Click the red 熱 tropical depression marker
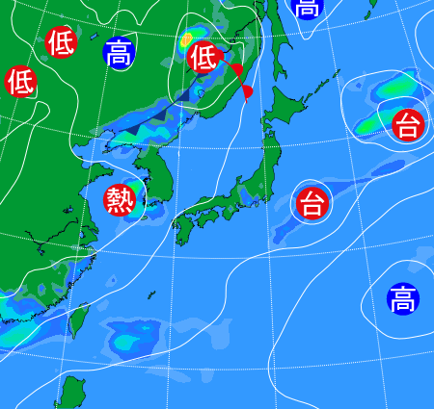tap(121, 200)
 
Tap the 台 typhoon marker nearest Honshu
tap(311, 203)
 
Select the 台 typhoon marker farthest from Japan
tap(408, 125)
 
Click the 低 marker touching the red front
tap(203, 57)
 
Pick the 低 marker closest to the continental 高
tap(60, 42)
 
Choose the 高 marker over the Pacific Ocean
tap(403, 299)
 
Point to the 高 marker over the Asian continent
tap(119, 52)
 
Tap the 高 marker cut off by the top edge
tap(307, 9)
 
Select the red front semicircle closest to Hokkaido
tap(248, 91)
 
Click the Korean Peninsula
tap(159, 183)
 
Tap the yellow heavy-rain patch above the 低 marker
tap(186, 40)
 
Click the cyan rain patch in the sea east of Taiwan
tap(130, 339)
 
